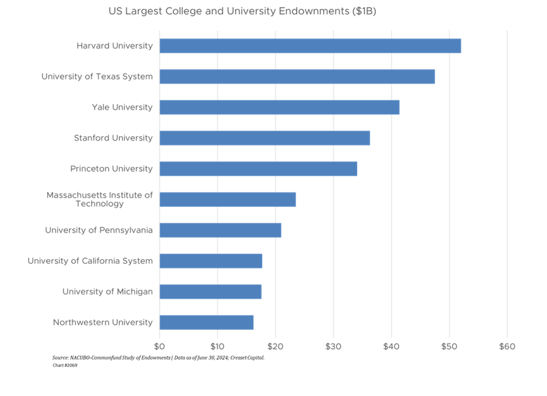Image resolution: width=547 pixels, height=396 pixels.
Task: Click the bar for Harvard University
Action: click(x=310, y=46)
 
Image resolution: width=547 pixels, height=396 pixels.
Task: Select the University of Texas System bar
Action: click(x=297, y=77)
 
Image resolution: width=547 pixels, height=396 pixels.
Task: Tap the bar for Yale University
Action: click(x=279, y=107)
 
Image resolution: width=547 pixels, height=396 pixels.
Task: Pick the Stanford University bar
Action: click(x=264, y=138)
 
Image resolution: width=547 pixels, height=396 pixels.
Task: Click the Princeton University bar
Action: click(x=258, y=169)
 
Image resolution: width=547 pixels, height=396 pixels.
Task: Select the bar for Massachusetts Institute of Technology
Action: click(x=227, y=200)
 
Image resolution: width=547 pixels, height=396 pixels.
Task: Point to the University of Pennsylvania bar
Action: click(x=220, y=230)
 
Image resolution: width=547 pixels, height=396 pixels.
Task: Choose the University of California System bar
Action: click(x=210, y=261)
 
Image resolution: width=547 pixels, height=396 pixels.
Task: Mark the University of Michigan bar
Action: click(x=210, y=292)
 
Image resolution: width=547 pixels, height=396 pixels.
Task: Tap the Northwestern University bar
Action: click(x=206, y=323)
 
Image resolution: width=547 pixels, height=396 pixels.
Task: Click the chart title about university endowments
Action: click(x=242, y=12)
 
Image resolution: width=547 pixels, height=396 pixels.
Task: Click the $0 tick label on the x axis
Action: click(x=159, y=346)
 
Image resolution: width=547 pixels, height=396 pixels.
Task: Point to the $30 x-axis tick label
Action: click(x=333, y=346)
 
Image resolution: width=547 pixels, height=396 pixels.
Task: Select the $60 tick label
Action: click(x=507, y=346)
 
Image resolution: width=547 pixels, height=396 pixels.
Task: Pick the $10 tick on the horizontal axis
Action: click(x=217, y=346)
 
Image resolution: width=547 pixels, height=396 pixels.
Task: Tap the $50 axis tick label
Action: click(x=449, y=346)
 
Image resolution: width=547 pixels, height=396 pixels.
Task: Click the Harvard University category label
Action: click(x=114, y=46)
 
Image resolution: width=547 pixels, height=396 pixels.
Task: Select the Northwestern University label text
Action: click(x=102, y=323)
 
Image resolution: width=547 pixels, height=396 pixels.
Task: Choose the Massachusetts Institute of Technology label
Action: click(x=99, y=200)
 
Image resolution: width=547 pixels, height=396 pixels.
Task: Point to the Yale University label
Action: click(x=122, y=107)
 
